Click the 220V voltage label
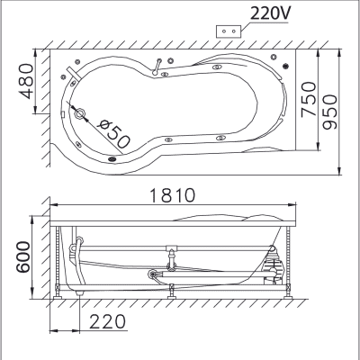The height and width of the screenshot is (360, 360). point(269,13)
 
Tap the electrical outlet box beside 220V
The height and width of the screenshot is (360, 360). point(229,31)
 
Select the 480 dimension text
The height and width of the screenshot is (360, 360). point(26,81)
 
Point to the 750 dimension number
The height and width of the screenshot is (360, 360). point(309,99)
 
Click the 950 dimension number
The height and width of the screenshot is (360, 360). point(330,112)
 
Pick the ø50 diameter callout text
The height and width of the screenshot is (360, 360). point(115,134)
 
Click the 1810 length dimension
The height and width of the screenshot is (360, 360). point(172,195)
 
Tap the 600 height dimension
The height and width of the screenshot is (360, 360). point(22,257)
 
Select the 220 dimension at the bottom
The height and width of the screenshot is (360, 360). point(107,321)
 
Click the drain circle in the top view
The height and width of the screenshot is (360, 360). point(80,113)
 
